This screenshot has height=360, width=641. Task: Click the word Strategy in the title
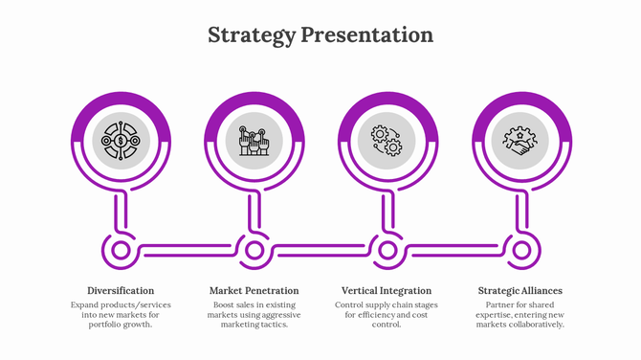point(252,35)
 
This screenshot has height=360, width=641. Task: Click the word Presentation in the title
point(366,35)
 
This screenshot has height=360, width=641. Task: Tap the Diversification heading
point(121,290)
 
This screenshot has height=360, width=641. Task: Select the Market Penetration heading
point(254,290)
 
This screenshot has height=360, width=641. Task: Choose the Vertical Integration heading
point(387,290)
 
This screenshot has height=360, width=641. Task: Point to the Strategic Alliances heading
point(519,290)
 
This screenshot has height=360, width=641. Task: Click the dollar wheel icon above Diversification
point(122,142)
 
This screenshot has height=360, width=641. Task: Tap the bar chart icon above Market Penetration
point(254,142)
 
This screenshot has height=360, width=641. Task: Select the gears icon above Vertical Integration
point(387,142)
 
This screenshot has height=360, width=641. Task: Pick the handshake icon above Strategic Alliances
point(519,142)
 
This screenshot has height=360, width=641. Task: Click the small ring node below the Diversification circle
point(122,251)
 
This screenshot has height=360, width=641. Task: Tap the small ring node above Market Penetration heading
point(254,251)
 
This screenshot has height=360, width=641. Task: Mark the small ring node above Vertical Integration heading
point(387,251)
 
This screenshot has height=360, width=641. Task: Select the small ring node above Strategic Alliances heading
point(520,251)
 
